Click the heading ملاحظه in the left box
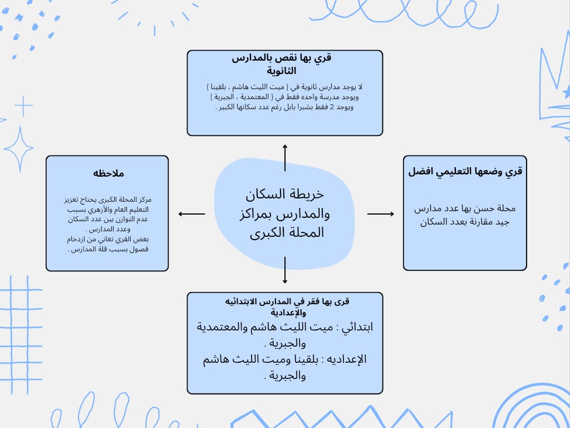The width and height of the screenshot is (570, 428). [109, 173]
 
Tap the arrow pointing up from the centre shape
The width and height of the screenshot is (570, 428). [285, 157]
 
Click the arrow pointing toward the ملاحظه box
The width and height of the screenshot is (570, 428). [191, 213]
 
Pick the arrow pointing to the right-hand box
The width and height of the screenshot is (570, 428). [381, 213]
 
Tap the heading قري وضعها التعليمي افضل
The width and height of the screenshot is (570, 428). [465, 171]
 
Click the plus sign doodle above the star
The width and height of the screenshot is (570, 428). [23, 106]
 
